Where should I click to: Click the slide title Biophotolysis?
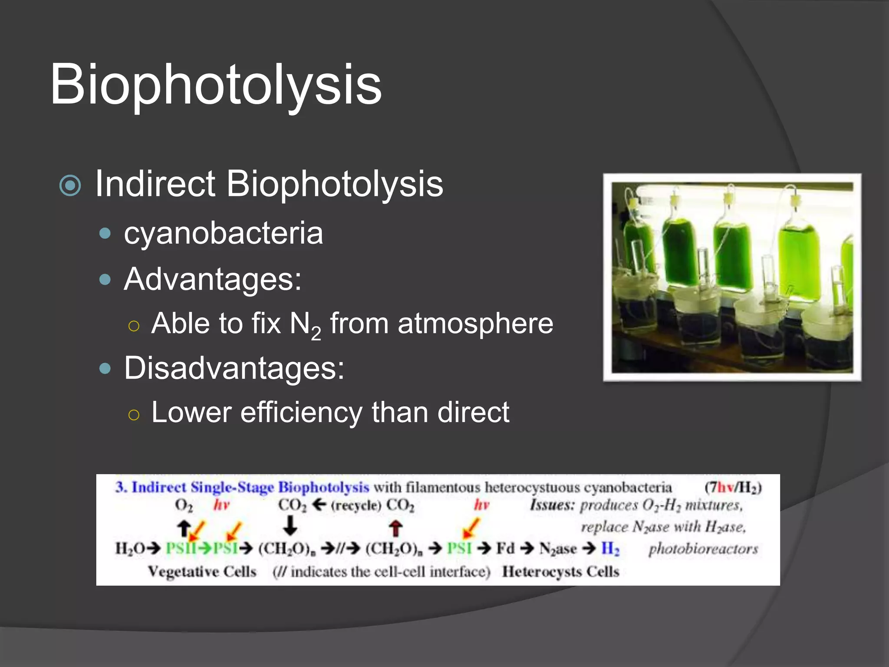click(216, 84)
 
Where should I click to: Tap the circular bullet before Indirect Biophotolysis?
click(70, 185)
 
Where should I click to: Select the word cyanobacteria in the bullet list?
click(223, 234)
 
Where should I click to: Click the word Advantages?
click(213, 279)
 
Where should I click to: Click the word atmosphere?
click(475, 324)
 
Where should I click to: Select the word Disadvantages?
click(234, 368)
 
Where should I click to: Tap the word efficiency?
click(301, 413)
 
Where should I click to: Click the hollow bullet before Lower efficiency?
click(134, 415)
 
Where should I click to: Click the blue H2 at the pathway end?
click(610, 549)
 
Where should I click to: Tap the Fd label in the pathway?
click(505, 548)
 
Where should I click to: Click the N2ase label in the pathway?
click(558, 549)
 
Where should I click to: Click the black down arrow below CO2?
click(290, 525)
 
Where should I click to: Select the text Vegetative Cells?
click(202, 571)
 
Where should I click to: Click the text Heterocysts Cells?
click(560, 571)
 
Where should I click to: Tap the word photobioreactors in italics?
click(703, 549)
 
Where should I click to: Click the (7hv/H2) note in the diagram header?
click(733, 488)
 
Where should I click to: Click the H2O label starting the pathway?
click(130, 549)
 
